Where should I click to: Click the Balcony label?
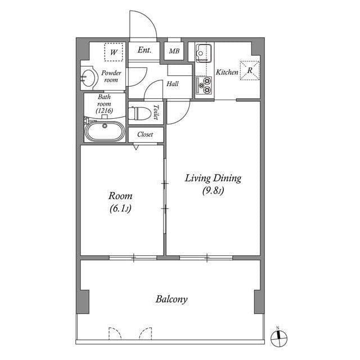172,299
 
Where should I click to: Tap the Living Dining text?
213,178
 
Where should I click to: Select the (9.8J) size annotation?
213,191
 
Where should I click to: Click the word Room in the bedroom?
120,196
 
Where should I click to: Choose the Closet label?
146,134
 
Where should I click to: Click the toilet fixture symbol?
141,113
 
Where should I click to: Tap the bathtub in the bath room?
104,133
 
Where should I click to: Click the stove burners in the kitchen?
204,84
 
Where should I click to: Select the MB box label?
174,51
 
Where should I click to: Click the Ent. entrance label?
145,50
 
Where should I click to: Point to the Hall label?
172,84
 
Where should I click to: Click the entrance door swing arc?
142,25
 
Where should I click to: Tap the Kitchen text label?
227,73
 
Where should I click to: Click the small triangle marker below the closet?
136,147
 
